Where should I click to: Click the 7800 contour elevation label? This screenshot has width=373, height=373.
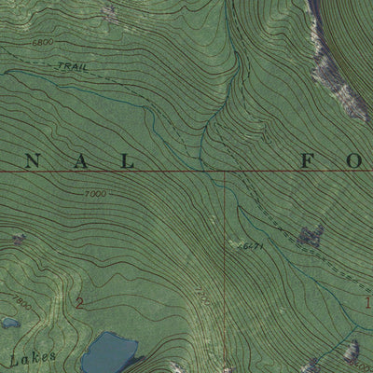point(21,304)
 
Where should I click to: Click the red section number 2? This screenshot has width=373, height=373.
point(79,302)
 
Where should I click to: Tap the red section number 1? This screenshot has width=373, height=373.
point(367,302)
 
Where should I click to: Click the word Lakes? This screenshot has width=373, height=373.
point(34,357)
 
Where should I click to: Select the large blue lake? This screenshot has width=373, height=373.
point(109,353)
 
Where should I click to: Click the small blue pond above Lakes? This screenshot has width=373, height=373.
point(9,323)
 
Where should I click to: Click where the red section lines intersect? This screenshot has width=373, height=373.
point(225,173)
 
